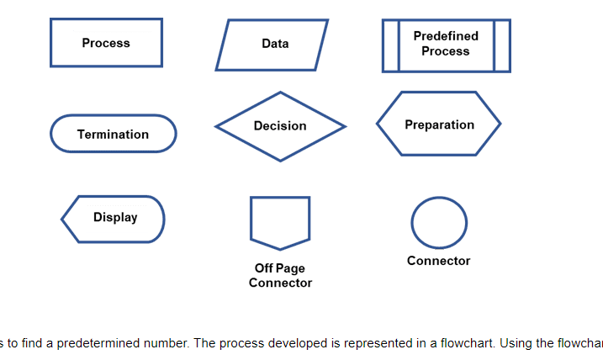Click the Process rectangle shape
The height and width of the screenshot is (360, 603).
106,43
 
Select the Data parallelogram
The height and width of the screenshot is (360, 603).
272,45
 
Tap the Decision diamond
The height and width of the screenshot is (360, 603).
280,126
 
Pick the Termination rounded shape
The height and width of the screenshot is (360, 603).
113,134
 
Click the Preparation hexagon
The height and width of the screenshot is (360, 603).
438,124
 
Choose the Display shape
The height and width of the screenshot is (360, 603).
114,219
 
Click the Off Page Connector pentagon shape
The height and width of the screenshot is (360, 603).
280,220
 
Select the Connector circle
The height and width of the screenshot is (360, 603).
438,222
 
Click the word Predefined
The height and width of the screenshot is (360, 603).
446,36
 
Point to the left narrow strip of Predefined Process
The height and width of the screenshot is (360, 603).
390,45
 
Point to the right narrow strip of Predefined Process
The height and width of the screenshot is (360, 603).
501,45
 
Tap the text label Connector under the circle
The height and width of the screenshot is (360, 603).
438,261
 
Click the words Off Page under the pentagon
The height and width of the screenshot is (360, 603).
280,268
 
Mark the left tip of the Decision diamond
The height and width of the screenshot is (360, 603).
218,127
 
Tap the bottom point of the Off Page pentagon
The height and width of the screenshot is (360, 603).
280,249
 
